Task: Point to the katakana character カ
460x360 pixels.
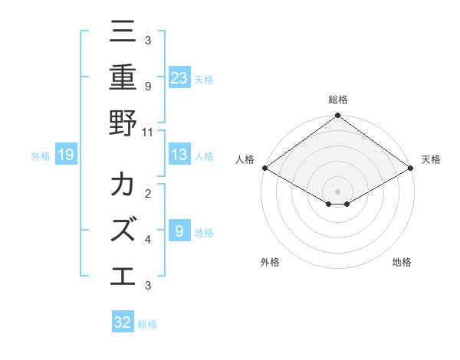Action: pos(123,185)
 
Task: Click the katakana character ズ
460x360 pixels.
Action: pos(123,230)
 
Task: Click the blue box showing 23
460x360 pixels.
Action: pos(179,77)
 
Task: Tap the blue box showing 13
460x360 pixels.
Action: pos(179,155)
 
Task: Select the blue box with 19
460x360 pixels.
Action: pos(66,155)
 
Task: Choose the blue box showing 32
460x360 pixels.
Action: pos(123,322)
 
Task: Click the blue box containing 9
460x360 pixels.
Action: pos(179,231)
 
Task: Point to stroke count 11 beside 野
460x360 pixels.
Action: pos(148,132)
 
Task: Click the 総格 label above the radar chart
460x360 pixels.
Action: pos(338,100)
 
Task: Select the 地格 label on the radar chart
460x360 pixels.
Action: pos(402,262)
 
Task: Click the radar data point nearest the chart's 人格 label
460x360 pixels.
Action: pos(264,168)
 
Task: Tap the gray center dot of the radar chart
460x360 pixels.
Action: pos(338,190)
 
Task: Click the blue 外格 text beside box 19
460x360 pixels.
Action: pos(41,155)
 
